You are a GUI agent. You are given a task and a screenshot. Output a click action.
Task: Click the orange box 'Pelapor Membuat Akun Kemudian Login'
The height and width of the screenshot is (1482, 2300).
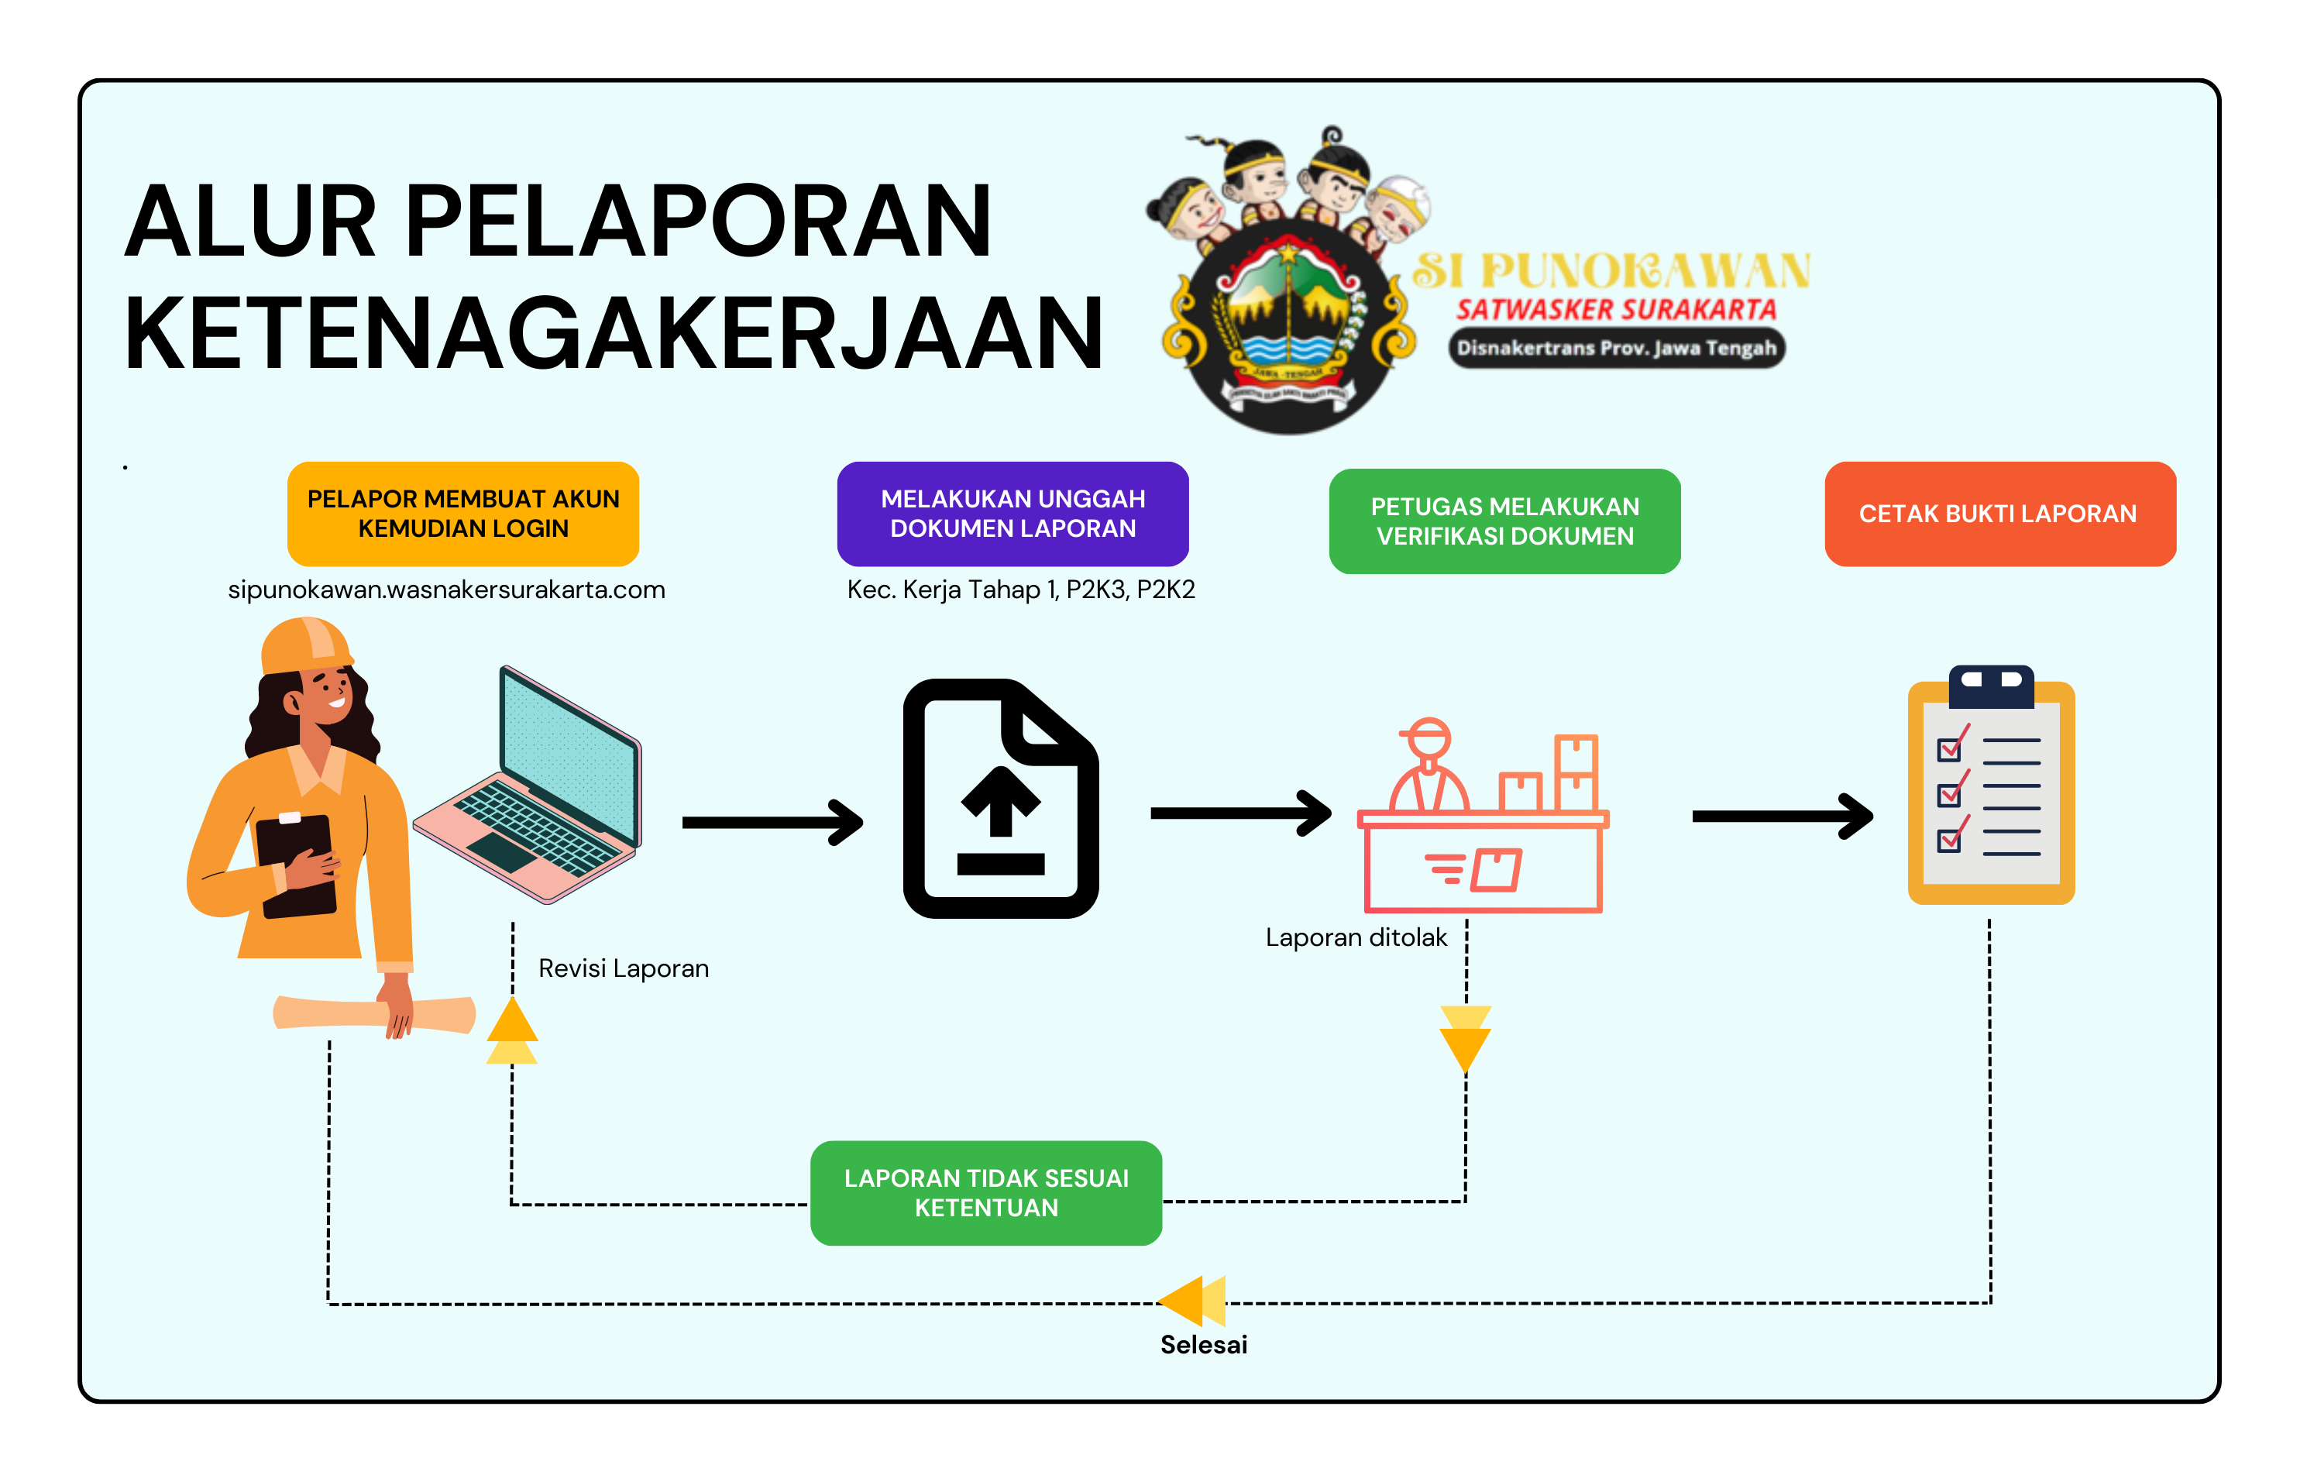[463, 514]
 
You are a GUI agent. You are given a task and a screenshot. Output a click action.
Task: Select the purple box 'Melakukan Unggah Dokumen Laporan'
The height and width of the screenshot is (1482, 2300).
[1012, 514]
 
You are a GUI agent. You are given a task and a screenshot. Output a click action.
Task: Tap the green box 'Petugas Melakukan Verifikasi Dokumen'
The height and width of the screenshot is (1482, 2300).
[1504, 521]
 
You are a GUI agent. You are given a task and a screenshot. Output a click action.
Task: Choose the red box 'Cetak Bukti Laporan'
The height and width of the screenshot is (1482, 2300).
[1999, 514]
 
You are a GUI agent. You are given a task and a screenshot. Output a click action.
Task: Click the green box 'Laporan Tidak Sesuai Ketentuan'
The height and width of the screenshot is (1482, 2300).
[985, 1192]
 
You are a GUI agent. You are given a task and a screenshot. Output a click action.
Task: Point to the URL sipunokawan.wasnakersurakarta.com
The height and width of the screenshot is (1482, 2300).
[446, 590]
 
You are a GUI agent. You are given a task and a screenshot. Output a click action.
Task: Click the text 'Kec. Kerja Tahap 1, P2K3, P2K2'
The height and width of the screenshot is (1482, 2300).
[1020, 590]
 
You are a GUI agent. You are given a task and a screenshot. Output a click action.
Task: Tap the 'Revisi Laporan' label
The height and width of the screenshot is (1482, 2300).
[623, 968]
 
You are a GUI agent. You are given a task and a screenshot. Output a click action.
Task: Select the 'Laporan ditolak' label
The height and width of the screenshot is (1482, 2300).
[1355, 937]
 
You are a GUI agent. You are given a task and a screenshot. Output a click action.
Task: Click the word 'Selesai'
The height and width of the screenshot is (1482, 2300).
[1203, 1344]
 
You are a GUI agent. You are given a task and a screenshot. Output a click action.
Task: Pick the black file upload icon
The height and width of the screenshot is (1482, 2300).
[1001, 799]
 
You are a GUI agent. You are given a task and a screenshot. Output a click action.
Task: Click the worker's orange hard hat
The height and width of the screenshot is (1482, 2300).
[305, 645]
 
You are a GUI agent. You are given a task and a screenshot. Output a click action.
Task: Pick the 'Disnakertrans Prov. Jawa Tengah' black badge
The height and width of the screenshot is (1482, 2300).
[1616, 347]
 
